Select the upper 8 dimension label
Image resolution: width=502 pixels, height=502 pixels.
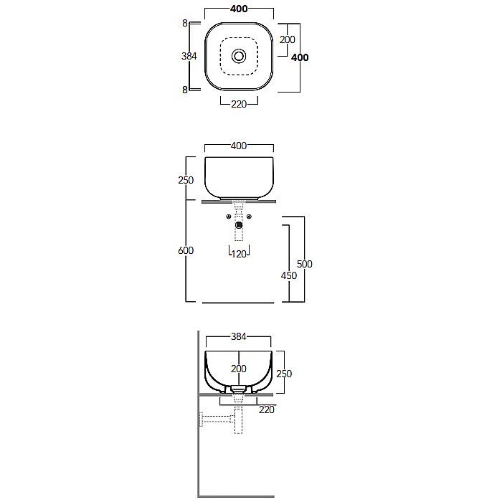pyautogui.click(x=185, y=24)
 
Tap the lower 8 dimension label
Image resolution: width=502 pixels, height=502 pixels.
pyautogui.click(x=185, y=90)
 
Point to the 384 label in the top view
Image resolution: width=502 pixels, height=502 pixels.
pyautogui.click(x=189, y=57)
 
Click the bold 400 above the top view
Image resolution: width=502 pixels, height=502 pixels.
pyautogui.click(x=239, y=9)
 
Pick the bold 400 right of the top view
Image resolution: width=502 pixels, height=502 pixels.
pyautogui.click(x=300, y=57)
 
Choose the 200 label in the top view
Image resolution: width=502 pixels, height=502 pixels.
pyautogui.click(x=287, y=39)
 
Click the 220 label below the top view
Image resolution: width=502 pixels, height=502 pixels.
pyautogui.click(x=239, y=105)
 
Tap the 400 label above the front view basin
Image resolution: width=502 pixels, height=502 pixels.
pyautogui.click(x=239, y=146)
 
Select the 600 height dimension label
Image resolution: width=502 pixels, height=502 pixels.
pyautogui.click(x=186, y=250)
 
